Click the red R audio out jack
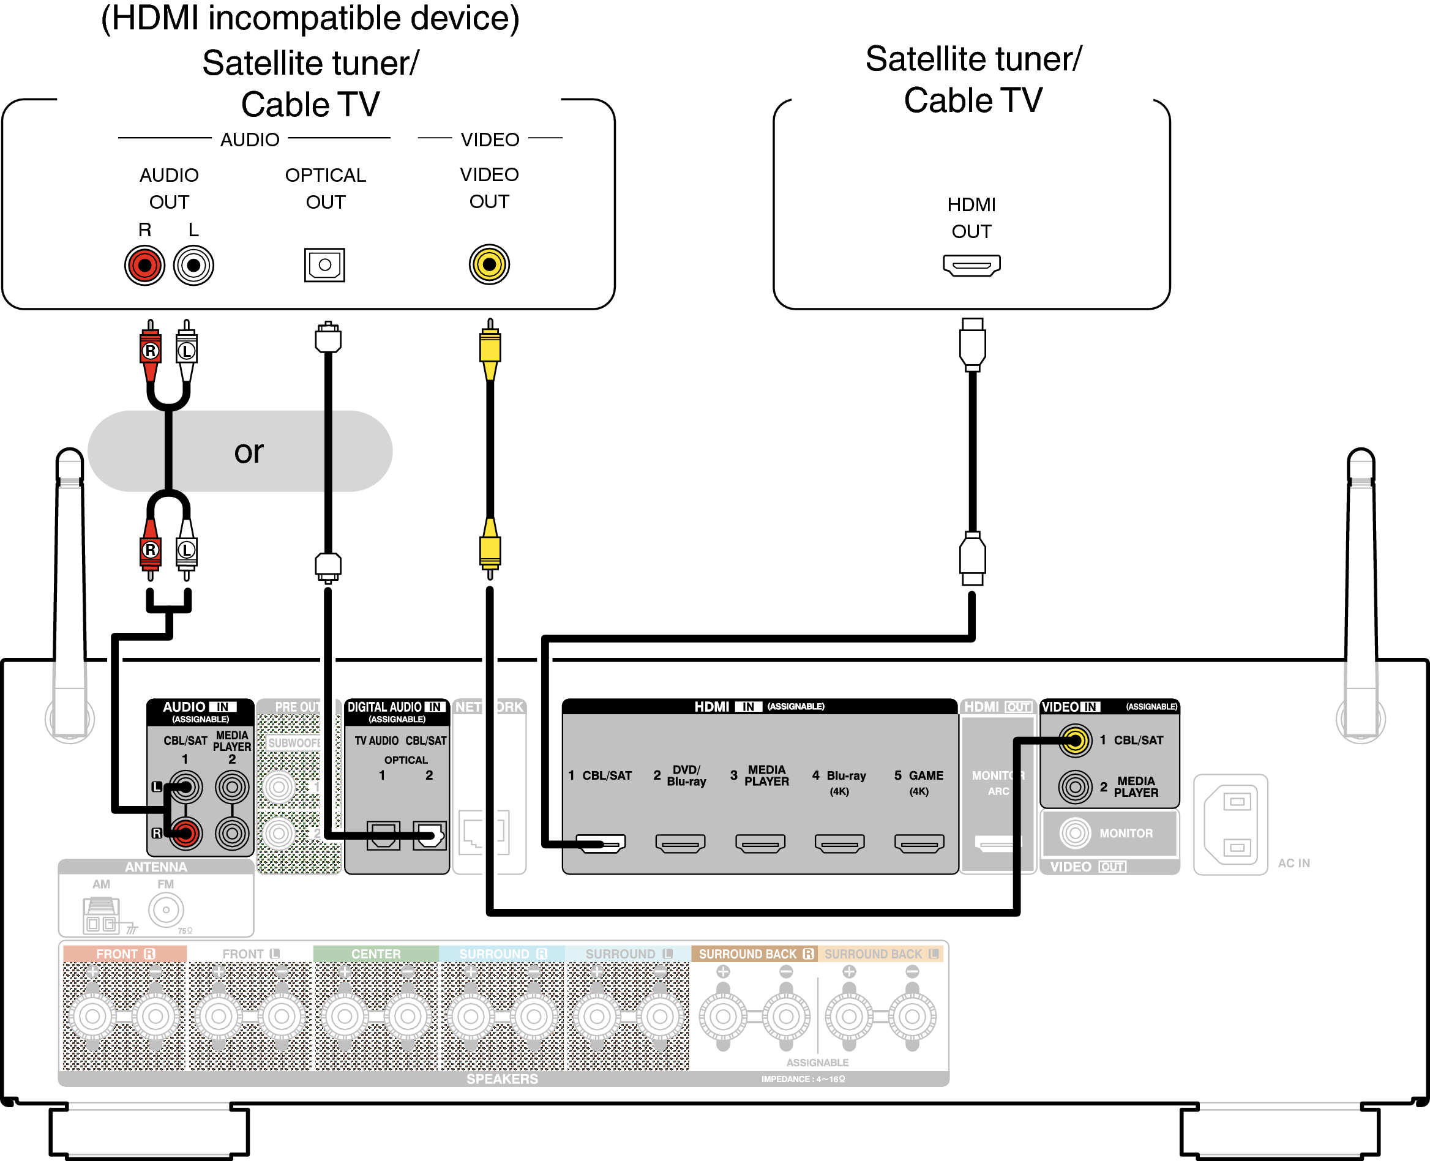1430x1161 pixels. pos(144,266)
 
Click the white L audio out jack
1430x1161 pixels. pos(193,266)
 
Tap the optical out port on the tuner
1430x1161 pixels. pos(324,265)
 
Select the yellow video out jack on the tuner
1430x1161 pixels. pos(489,264)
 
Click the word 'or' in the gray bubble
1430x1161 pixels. pos(249,453)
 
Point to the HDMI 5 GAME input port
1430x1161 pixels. pos(919,843)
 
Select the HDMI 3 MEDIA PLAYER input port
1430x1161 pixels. pos(760,843)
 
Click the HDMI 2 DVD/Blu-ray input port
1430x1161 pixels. pos(680,843)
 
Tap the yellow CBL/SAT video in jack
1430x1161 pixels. pos(1075,741)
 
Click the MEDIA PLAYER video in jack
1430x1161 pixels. pos(1075,786)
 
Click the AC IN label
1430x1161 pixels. pos(1293,864)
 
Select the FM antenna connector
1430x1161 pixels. pos(166,909)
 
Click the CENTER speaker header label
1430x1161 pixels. pos(376,954)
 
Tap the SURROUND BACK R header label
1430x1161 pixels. pos(754,954)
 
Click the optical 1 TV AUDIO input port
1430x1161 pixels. pos(383,835)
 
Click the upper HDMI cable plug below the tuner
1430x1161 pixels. pos(972,345)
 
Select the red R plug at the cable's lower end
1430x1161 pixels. pos(151,550)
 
